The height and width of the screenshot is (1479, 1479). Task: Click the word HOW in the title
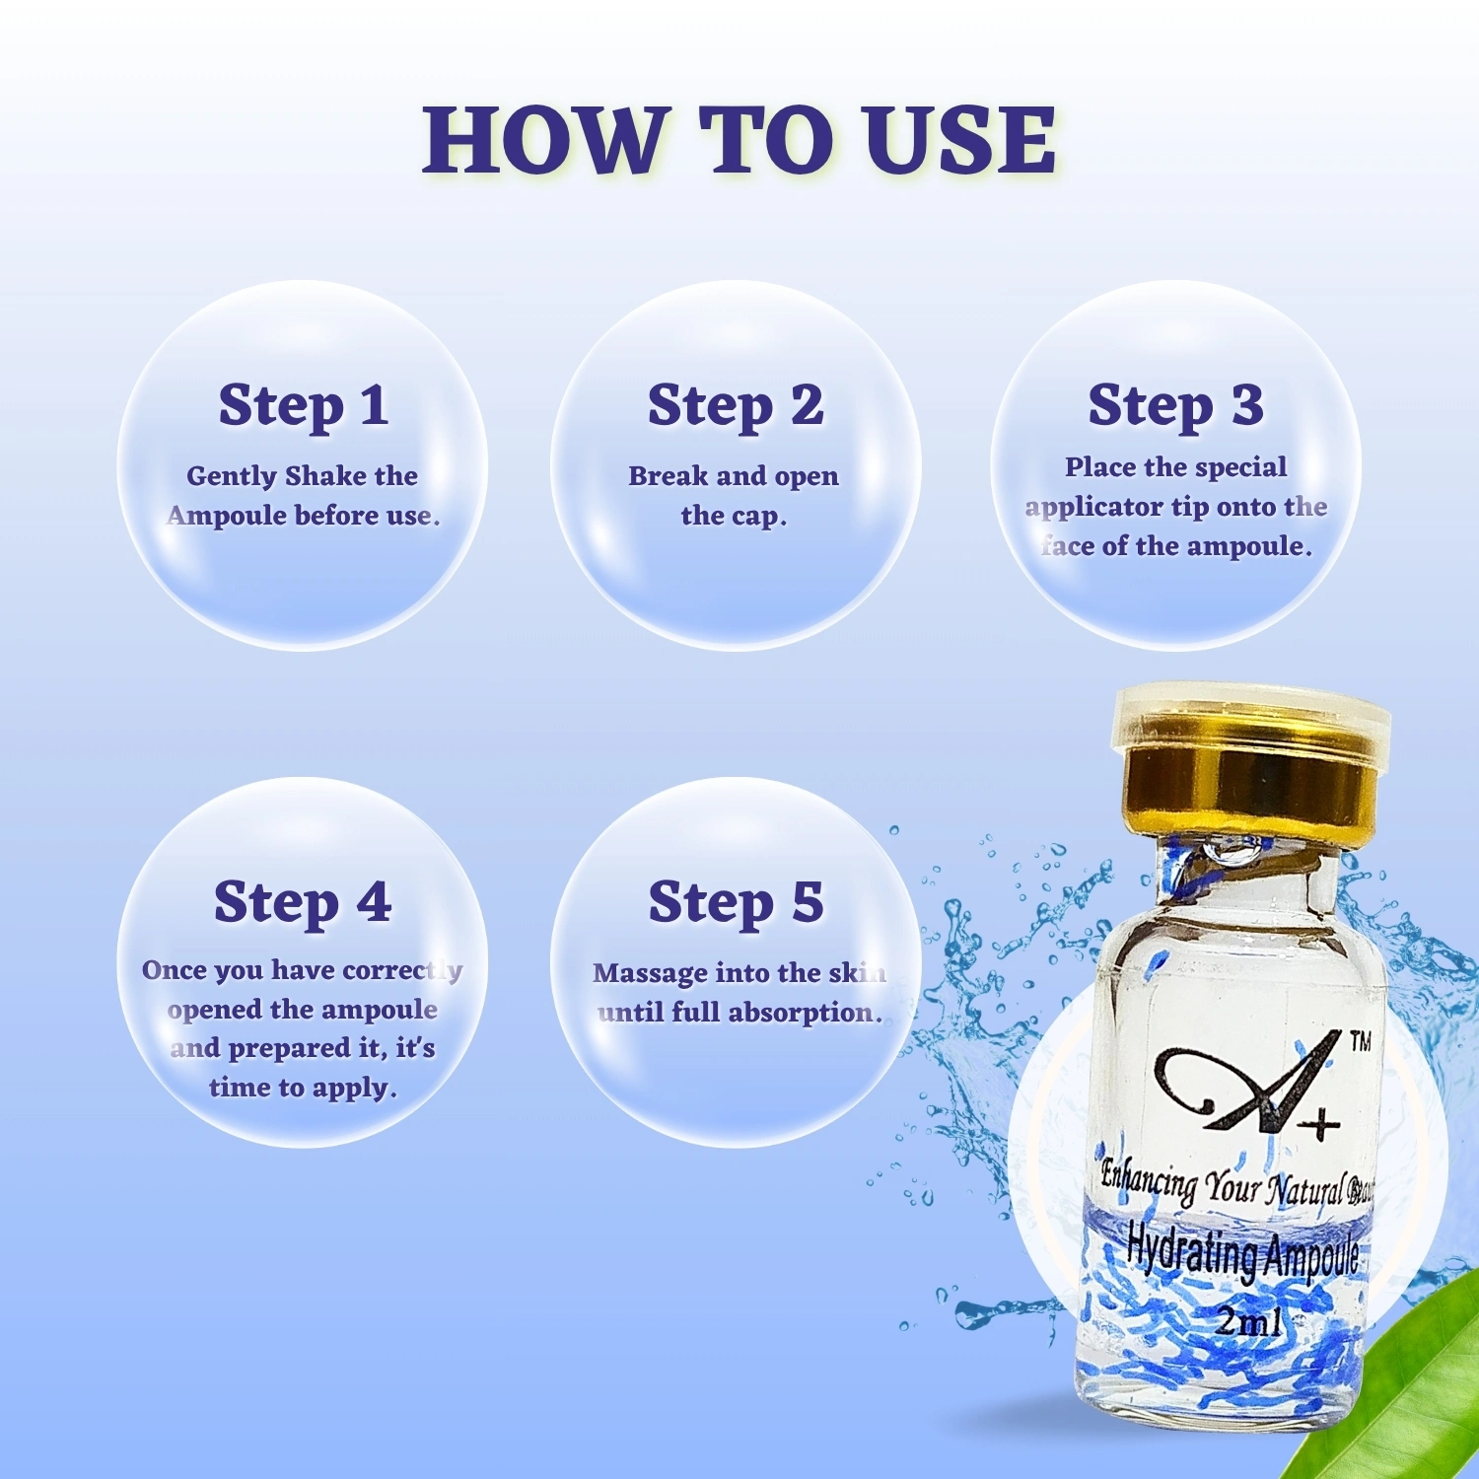click(x=543, y=140)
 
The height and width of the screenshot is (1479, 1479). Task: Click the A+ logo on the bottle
click(x=1248, y=1081)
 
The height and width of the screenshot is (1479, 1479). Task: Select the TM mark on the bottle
click(x=1360, y=1042)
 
